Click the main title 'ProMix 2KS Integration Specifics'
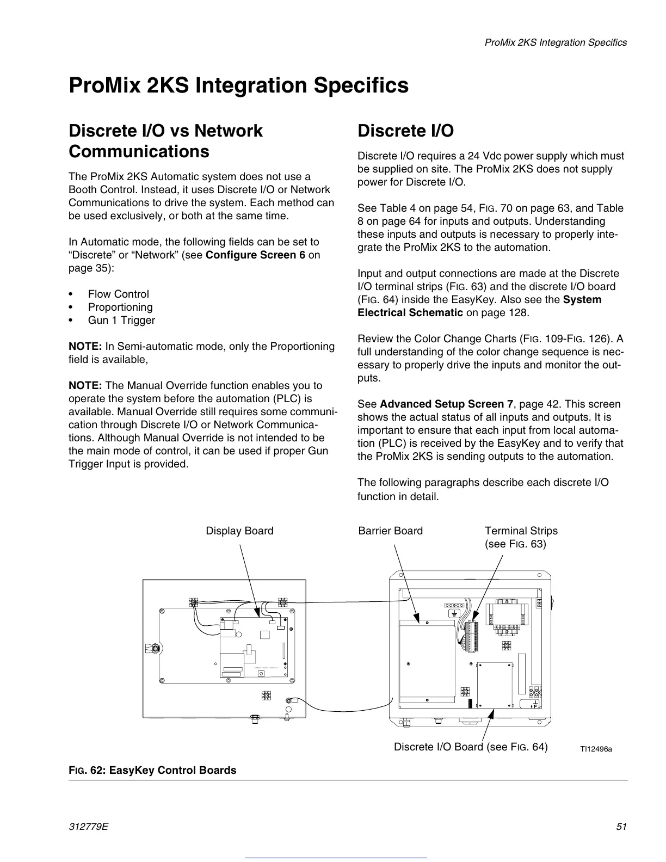(238, 86)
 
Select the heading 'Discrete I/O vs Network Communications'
(165, 141)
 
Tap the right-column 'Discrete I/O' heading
(405, 131)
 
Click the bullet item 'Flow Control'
(118, 294)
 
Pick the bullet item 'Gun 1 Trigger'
(121, 321)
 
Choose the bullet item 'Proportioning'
(120, 307)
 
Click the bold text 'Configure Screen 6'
(255, 255)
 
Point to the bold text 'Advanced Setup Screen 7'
(446, 404)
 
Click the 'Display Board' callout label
(239, 531)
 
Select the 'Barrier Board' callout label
(390, 531)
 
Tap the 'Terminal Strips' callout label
(521, 531)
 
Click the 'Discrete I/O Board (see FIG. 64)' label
(471, 747)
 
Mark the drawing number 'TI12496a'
(596, 749)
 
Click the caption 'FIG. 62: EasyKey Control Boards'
(152, 770)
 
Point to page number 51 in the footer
(621, 827)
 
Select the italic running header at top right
(556, 42)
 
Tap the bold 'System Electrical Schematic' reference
(479, 306)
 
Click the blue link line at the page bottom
(336, 858)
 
